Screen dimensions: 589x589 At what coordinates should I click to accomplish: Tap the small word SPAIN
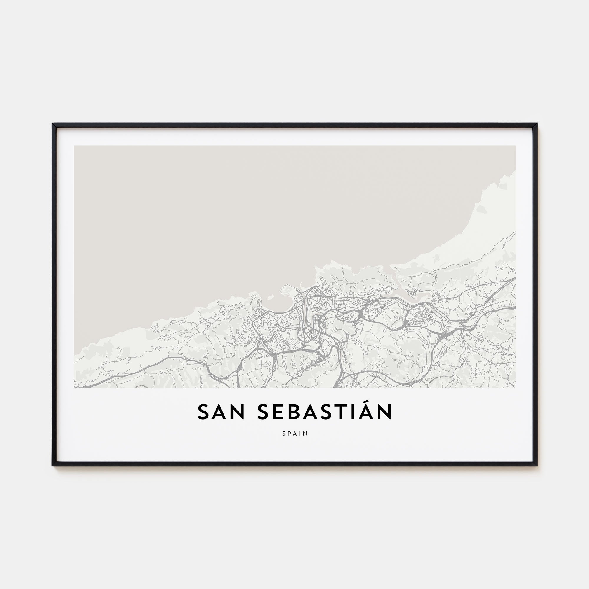point(294,434)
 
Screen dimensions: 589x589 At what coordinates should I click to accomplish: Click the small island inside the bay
point(270,296)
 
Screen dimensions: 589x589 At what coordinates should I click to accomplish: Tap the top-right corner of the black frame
point(537,124)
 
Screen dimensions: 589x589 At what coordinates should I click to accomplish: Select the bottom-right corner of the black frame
point(537,466)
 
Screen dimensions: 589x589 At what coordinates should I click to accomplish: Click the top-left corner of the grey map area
point(74,146)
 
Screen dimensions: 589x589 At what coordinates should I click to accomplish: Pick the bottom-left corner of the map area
point(74,388)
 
